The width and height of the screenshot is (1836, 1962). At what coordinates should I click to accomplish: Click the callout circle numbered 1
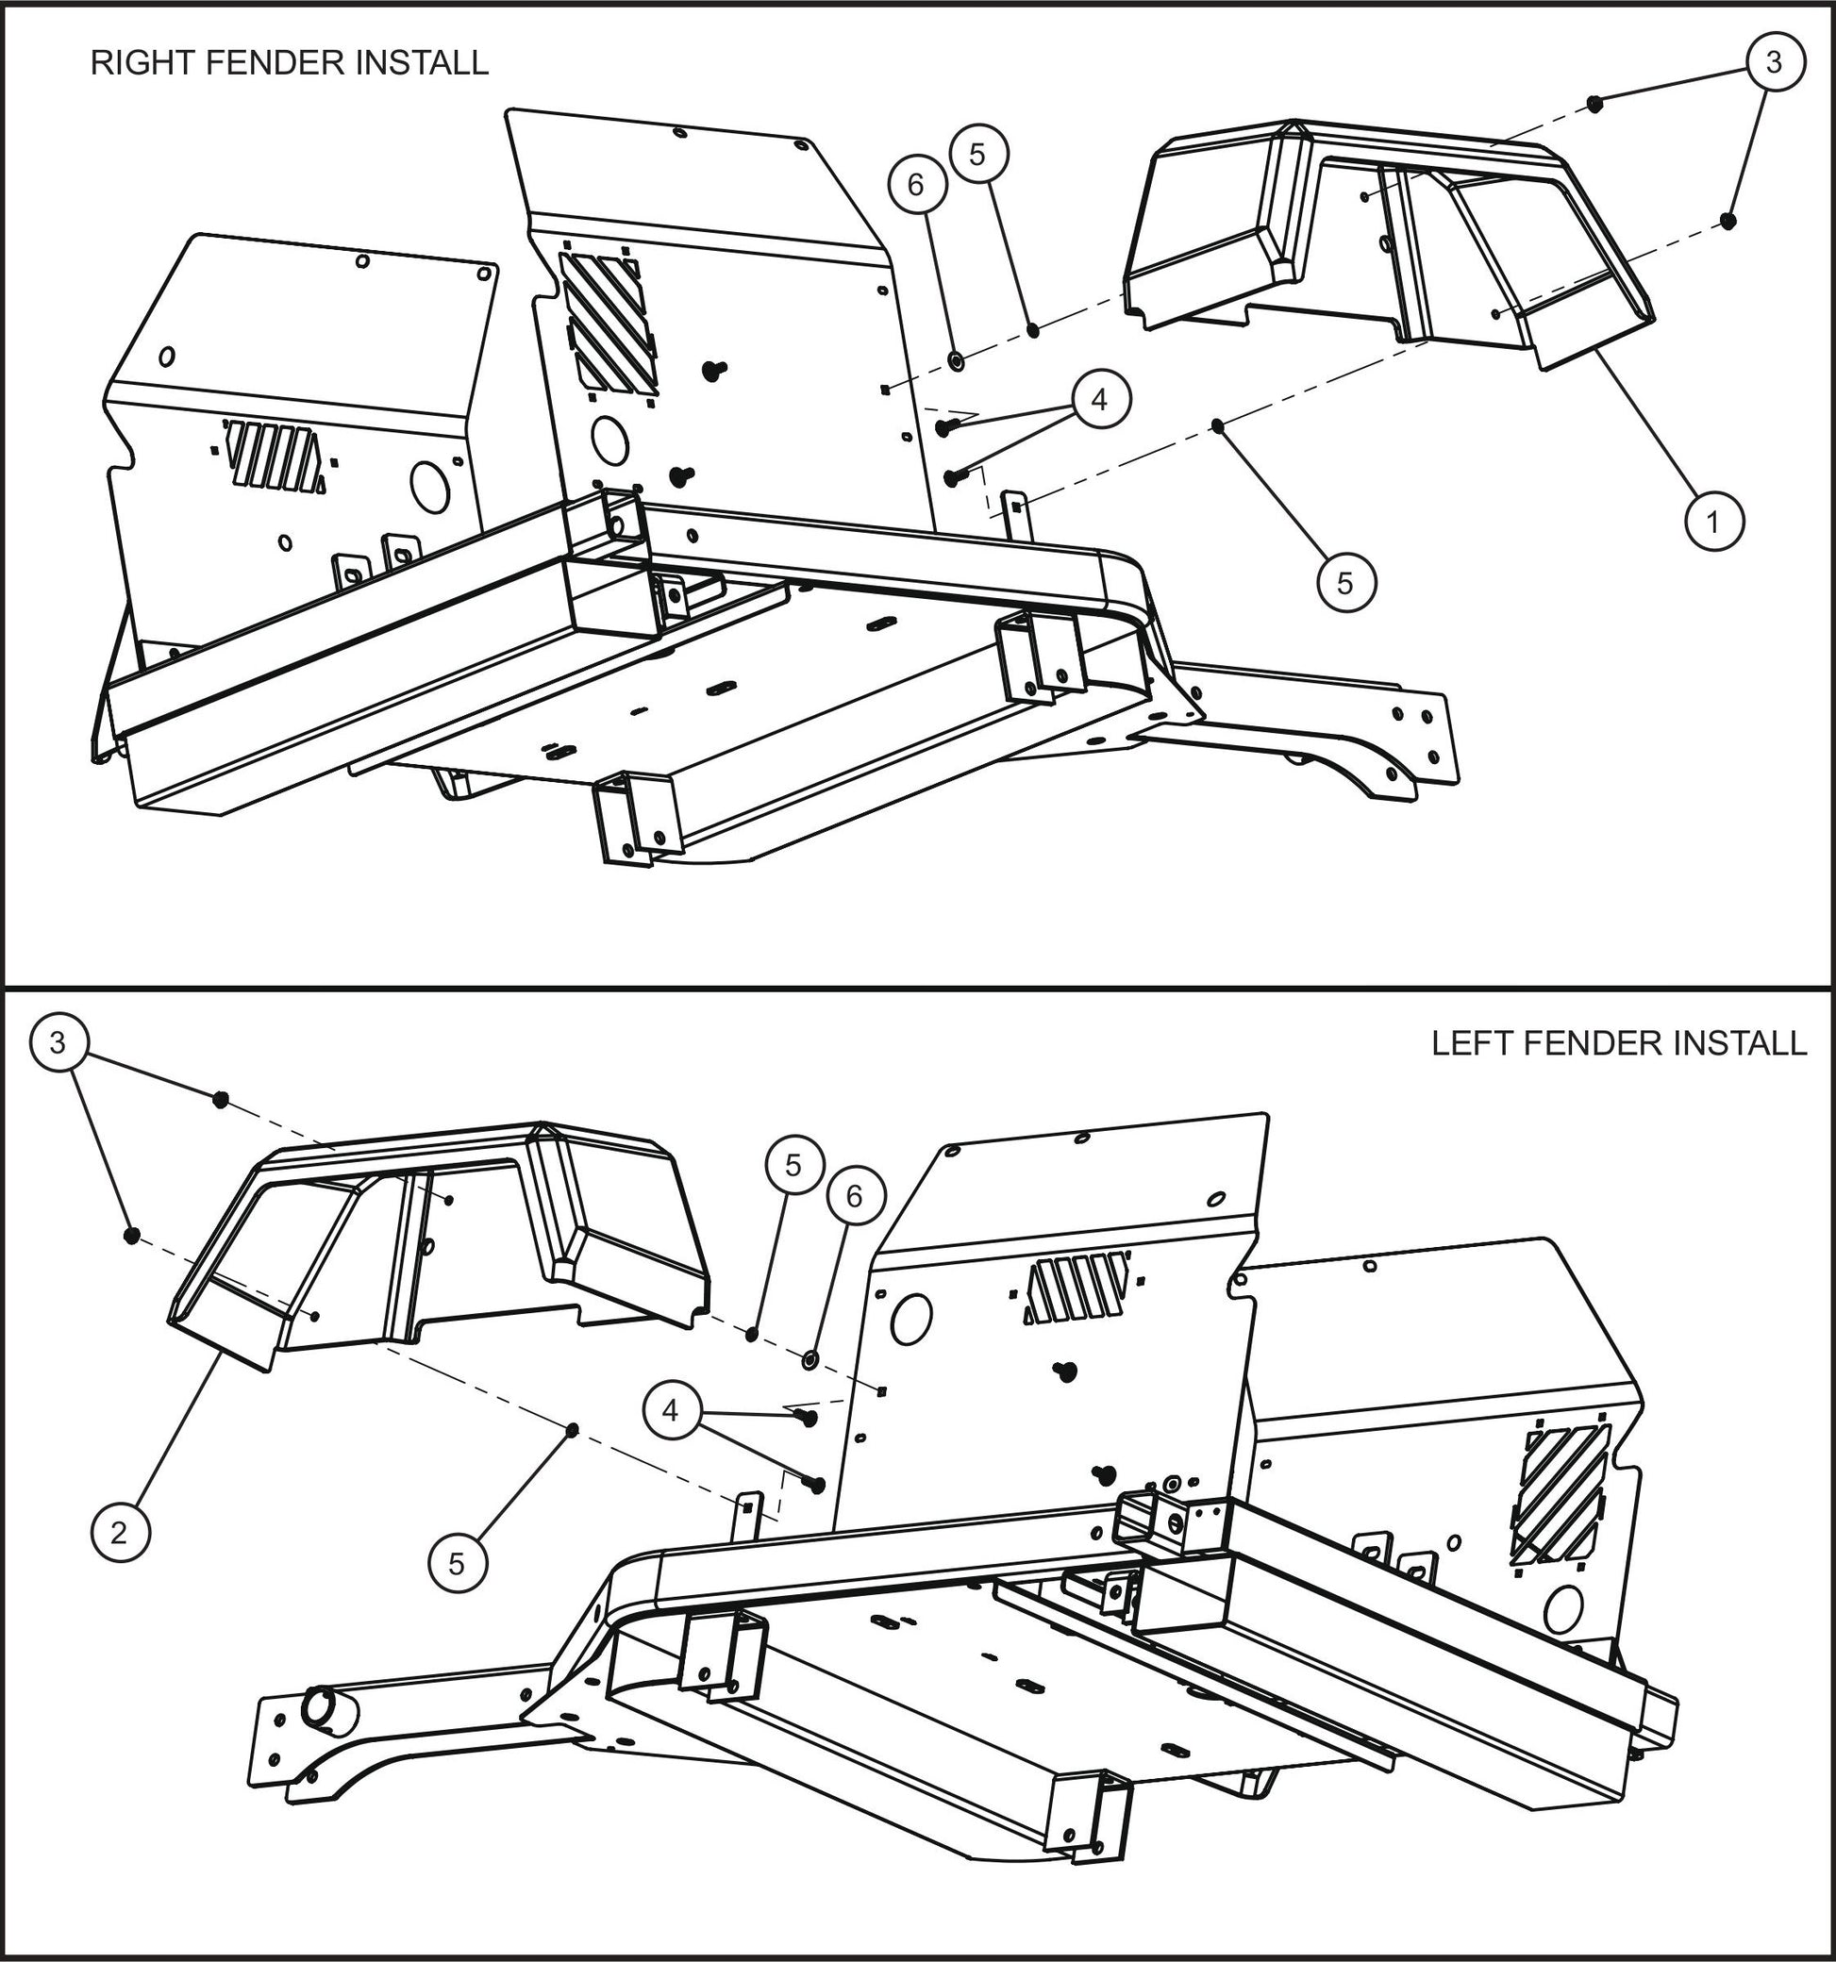(1712, 520)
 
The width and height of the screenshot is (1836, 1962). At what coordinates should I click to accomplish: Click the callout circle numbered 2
(120, 1533)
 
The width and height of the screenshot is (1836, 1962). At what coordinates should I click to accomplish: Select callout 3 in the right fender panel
(1773, 62)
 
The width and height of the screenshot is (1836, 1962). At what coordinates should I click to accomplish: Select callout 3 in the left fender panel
(58, 1042)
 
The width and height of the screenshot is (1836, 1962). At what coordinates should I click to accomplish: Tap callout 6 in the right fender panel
(915, 185)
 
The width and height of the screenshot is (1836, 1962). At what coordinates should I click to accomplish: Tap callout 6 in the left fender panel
(854, 1196)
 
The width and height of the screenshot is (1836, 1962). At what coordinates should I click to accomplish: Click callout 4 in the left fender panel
(670, 1410)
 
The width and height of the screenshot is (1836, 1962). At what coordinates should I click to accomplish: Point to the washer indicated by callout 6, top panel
(957, 361)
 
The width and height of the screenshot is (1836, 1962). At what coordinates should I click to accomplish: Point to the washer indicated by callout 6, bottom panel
(810, 1360)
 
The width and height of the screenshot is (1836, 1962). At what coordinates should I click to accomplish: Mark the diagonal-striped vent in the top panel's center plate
(608, 322)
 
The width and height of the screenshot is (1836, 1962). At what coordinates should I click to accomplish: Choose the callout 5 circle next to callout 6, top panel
(977, 153)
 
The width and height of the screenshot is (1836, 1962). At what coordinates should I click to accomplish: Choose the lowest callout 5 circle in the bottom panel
(457, 1562)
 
